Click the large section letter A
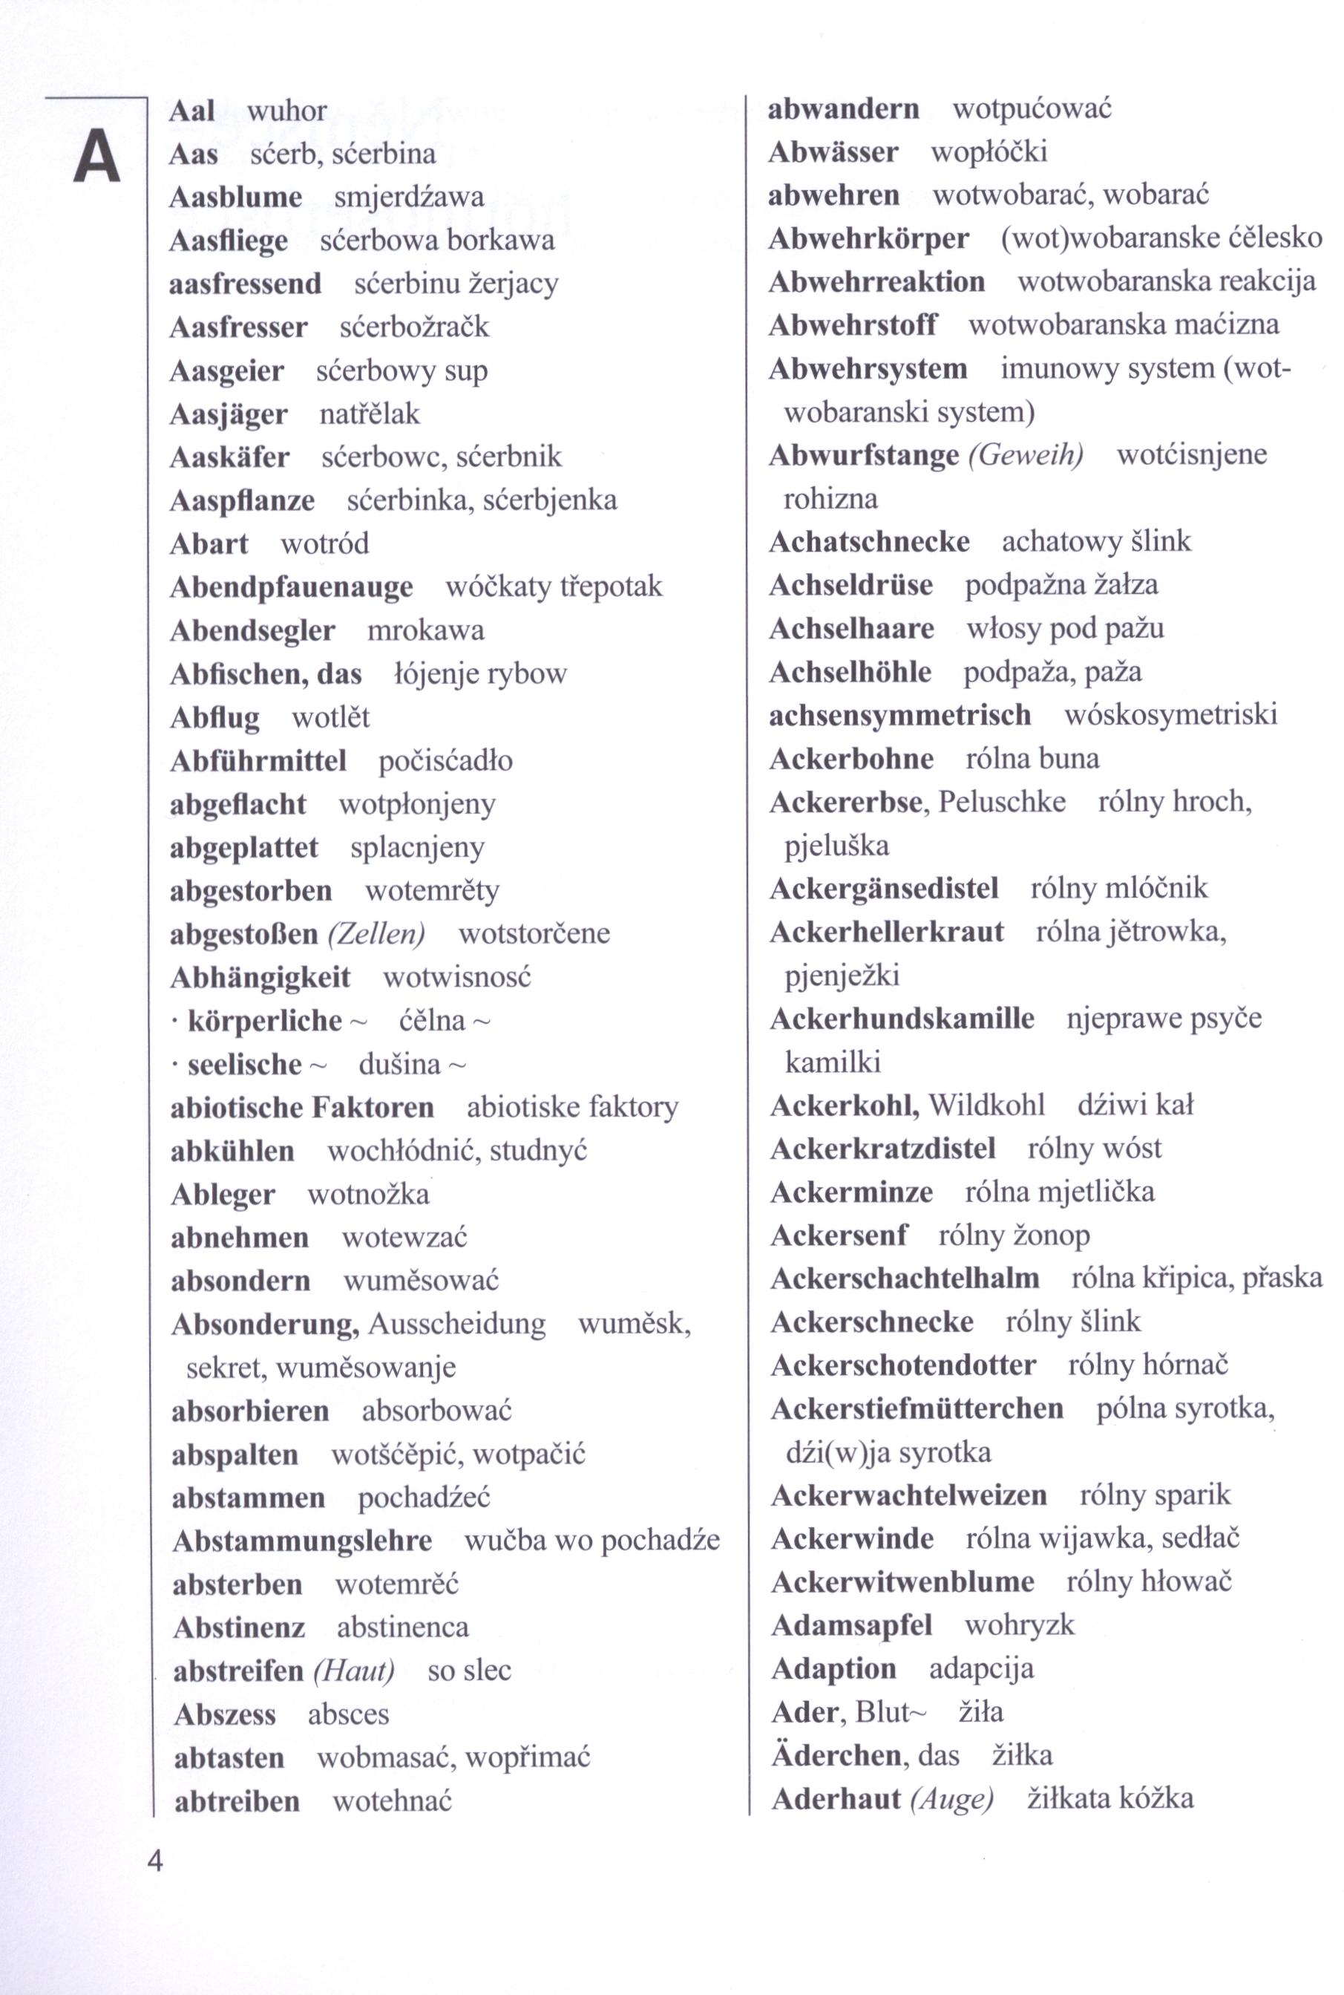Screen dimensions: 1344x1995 click(x=96, y=156)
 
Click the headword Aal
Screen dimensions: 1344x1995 click(x=192, y=111)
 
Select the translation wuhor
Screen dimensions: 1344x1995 click(x=286, y=111)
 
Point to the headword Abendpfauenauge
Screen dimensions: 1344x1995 click(x=292, y=587)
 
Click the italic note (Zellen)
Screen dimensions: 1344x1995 click(x=376, y=933)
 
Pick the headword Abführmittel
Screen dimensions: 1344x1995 click(x=258, y=760)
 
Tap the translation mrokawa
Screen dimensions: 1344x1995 click(x=426, y=631)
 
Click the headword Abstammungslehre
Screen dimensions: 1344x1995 click(x=302, y=1541)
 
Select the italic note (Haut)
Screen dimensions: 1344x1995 click(x=353, y=1670)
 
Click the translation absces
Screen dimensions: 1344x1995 click(x=348, y=1714)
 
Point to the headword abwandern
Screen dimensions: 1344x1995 click(x=843, y=109)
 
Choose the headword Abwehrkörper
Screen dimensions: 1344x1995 click(x=868, y=238)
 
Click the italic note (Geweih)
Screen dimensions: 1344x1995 click(x=1025, y=454)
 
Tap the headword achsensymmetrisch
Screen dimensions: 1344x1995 click(x=900, y=714)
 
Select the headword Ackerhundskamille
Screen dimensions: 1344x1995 click(x=902, y=1019)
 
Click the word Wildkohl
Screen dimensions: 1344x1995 click(x=986, y=1105)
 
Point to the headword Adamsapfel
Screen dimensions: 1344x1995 click(x=851, y=1625)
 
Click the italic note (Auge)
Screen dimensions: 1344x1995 click(x=951, y=1798)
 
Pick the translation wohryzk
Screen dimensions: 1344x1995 click(x=1019, y=1625)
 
